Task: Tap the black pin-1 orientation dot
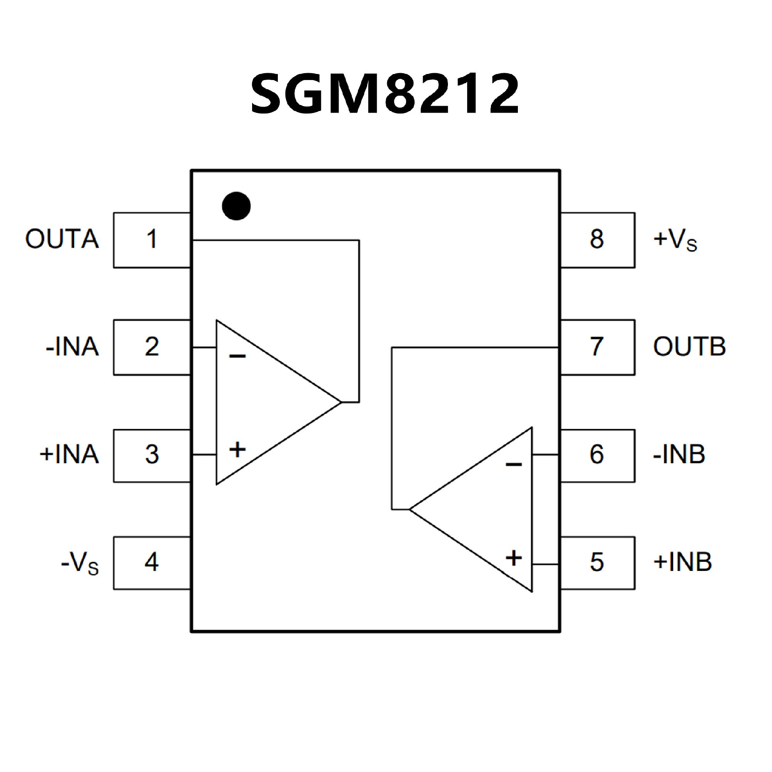point(236,206)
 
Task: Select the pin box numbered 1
point(152,240)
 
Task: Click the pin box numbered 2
point(152,347)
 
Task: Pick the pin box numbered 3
point(152,455)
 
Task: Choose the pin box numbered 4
point(152,563)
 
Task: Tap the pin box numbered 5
point(597,563)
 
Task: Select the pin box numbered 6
point(597,455)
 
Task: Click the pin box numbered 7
point(597,347)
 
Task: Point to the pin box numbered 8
point(597,240)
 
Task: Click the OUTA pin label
point(62,239)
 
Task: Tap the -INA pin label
point(72,347)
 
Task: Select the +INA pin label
point(69,455)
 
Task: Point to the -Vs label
point(80,563)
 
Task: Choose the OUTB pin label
point(689,347)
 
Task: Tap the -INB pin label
point(679,455)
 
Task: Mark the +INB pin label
point(682,562)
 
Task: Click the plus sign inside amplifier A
point(237,449)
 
